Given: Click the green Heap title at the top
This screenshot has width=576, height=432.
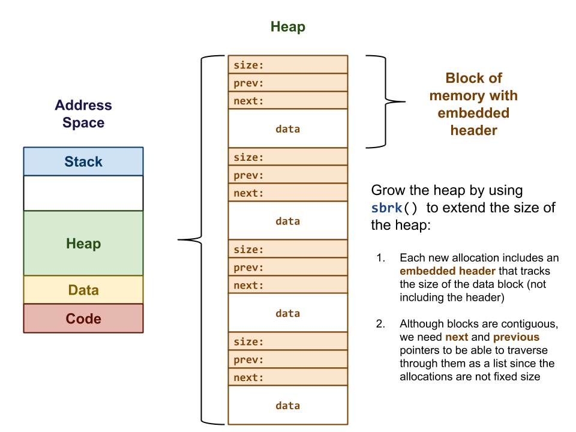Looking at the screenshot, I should [287, 27].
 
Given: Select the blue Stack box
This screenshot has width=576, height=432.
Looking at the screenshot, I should [83, 161].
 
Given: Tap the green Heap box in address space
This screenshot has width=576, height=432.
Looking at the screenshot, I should [83, 243].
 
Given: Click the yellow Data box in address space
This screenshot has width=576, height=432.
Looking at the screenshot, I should [83, 290].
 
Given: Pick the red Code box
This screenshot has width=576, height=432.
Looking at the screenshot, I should [83, 319].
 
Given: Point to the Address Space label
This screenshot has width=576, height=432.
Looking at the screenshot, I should [83, 114].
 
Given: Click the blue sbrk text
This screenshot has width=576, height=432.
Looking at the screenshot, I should [386, 208].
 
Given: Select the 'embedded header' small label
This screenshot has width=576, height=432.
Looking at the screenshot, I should [448, 271].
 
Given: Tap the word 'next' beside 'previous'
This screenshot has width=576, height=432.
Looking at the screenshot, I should [457, 337].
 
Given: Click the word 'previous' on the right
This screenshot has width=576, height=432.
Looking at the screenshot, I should [516, 337].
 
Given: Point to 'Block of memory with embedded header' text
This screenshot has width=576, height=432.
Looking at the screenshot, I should [473, 104].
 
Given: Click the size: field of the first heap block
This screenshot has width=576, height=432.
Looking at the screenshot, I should [287, 65].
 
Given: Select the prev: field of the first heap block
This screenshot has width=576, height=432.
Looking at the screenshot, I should [287, 83].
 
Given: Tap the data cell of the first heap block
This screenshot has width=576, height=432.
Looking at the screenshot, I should [287, 128].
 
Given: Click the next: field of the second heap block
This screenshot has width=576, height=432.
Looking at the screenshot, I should [287, 193].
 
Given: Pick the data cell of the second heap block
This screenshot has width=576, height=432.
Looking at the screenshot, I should [287, 221].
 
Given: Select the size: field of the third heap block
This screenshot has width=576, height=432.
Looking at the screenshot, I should [287, 249].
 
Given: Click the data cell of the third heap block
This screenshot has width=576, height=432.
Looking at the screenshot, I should [287, 313].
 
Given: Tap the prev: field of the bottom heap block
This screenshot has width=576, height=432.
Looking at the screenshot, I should [287, 359].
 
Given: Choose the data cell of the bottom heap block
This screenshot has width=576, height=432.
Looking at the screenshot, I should [287, 406].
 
